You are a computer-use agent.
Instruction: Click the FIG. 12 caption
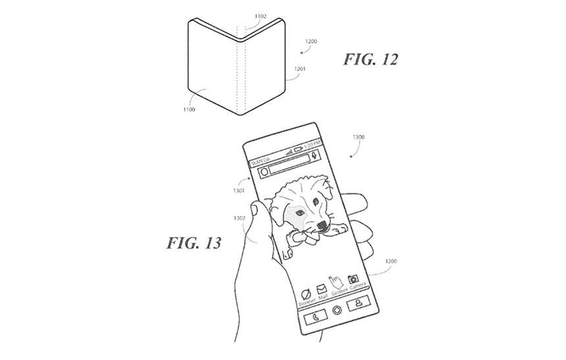coord(371,60)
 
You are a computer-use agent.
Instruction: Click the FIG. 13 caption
coord(193,244)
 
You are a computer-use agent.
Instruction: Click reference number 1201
coord(299,68)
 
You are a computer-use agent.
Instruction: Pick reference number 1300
coord(359,138)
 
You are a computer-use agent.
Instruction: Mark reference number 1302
coord(240,218)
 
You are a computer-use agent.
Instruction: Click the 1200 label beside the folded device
coord(311,41)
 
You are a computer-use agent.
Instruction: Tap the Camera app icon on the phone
coord(353,278)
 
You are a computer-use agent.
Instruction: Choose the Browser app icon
coord(306,294)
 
